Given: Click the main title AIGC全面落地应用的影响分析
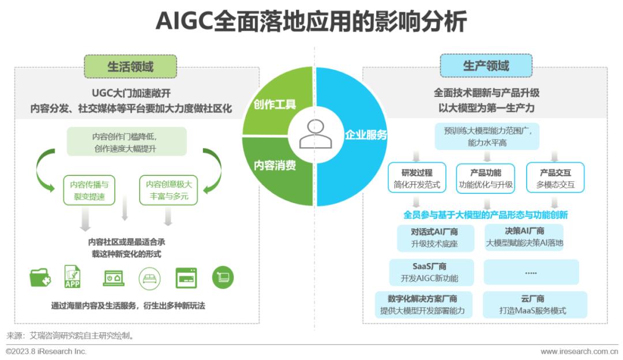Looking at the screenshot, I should pos(311,22).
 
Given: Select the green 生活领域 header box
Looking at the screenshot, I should pos(130,66).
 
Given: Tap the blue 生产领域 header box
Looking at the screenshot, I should pos(486,66).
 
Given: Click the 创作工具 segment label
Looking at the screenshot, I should pos(275,104).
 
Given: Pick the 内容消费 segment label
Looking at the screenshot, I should pos(275,166).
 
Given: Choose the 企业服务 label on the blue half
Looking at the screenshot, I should pos(366,135).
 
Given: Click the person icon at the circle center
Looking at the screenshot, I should pos(315,135).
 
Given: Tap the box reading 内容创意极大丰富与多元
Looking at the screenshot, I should pos(168,190).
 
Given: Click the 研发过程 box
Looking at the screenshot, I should pos(416,178).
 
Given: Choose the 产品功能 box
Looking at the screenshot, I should pos(485,178).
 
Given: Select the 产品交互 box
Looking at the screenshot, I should pos(555,178).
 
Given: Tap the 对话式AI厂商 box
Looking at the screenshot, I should pos(434,237).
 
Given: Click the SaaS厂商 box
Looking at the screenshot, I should pos(430,272).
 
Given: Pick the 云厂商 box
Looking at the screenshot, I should pos(532,305).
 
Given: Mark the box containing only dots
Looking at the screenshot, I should pos(531,272).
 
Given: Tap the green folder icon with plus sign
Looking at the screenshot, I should pos(40,278).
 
